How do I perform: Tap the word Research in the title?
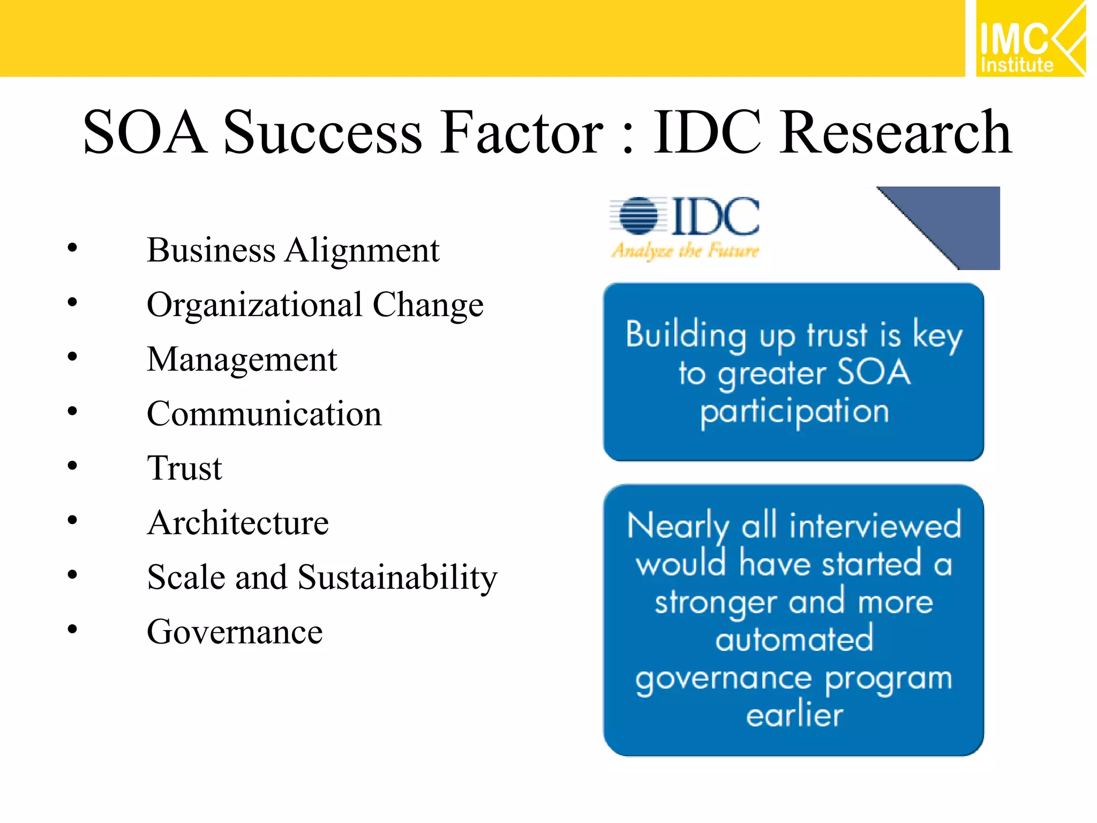pos(895,132)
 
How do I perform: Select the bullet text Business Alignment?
pos(292,251)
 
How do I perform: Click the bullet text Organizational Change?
pos(315,305)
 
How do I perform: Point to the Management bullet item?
pos(242,360)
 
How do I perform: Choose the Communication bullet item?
pos(264,414)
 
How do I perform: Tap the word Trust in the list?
pos(184,468)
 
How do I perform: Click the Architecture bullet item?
pos(238,523)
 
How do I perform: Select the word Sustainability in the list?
pos(397,578)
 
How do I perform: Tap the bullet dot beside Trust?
pos(72,466)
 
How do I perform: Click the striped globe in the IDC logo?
pos(638,216)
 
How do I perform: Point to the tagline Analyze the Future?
pos(685,251)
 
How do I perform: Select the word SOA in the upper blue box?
pos(873,372)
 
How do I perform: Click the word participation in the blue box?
pos(794,411)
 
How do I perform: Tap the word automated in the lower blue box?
pos(794,639)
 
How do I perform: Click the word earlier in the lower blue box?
pos(794,715)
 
